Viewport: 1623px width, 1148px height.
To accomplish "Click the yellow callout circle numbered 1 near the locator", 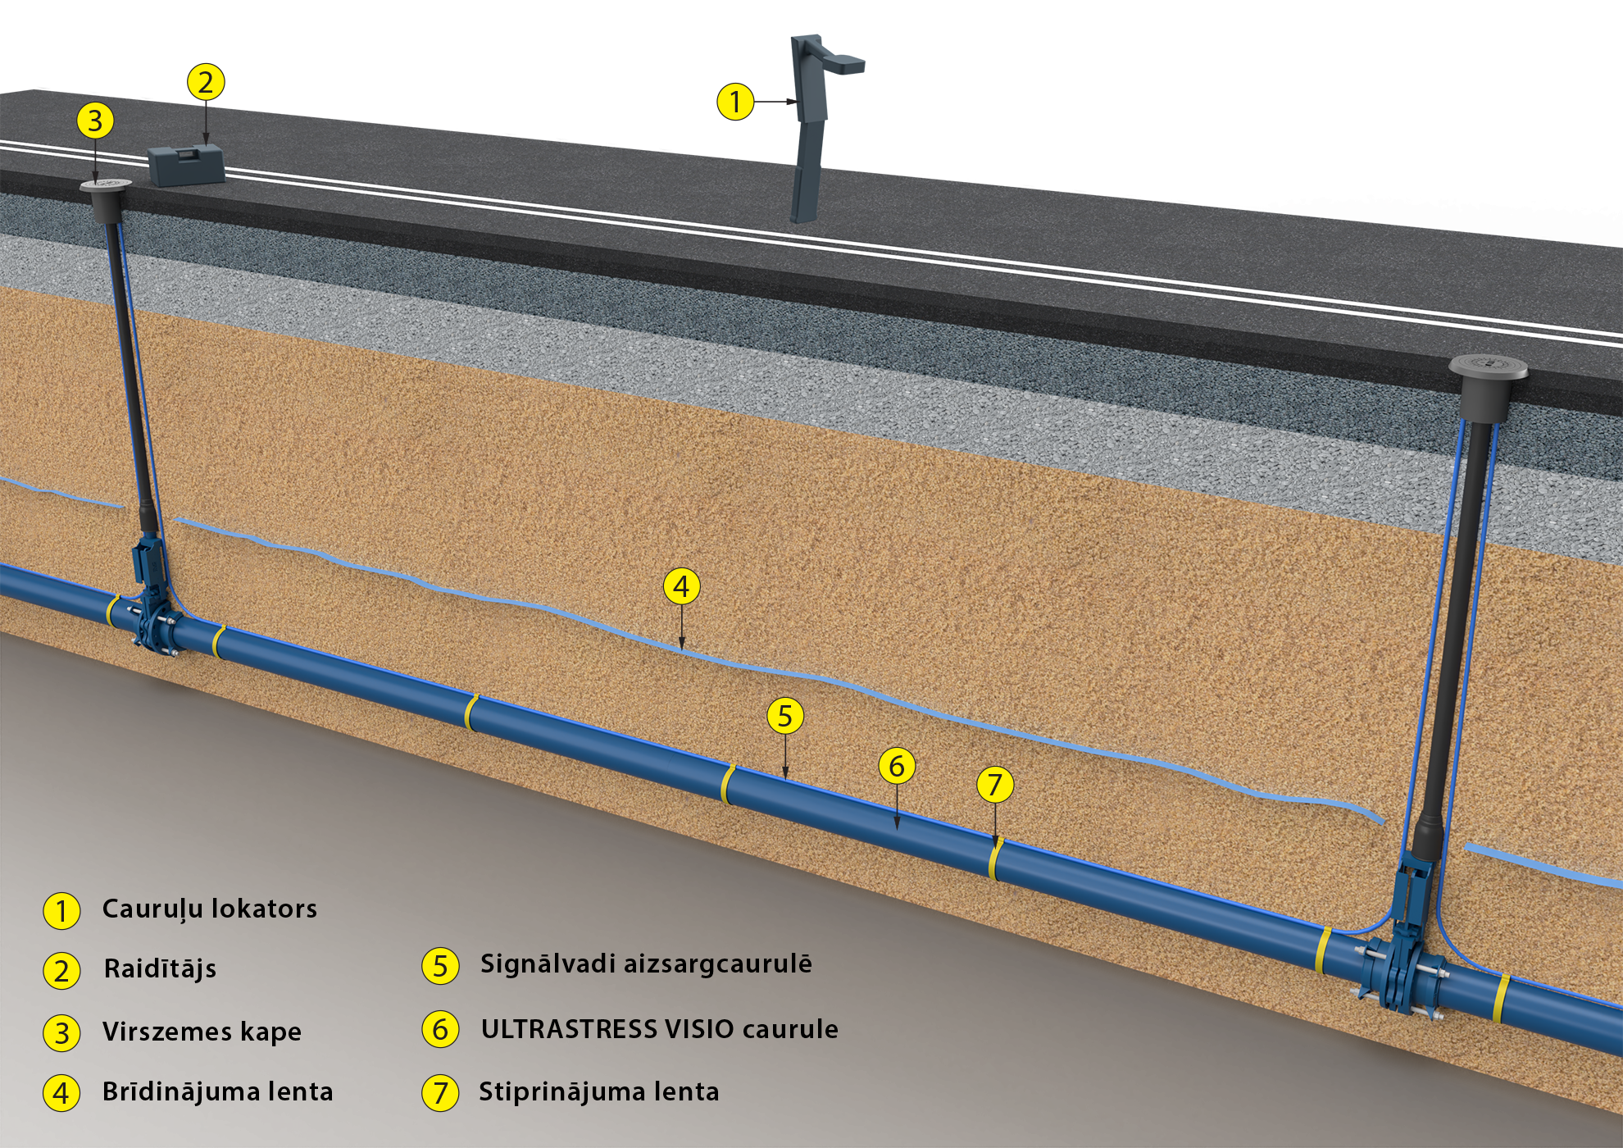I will pyautogui.click(x=734, y=102).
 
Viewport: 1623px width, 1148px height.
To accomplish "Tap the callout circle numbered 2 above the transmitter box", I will pyautogui.click(x=205, y=82).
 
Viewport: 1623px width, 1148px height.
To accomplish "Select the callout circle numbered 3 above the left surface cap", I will pyautogui.click(x=95, y=121).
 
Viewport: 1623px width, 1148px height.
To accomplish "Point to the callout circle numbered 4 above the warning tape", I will pyautogui.click(x=681, y=587).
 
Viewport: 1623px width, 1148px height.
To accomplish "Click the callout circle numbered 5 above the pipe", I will pyautogui.click(x=785, y=716).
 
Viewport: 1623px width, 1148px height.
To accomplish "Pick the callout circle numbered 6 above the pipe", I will pyautogui.click(x=897, y=766).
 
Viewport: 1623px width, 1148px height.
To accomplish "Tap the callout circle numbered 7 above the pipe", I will pyautogui.click(x=995, y=785).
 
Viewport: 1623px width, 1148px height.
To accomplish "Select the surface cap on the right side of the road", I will pyautogui.click(x=1488, y=368).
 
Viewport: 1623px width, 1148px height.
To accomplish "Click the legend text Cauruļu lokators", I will pyautogui.click(x=209, y=909).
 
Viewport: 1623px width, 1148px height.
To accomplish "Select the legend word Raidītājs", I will pyautogui.click(x=160, y=968).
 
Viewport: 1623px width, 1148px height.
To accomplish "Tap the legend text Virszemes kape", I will pyautogui.click(x=202, y=1032).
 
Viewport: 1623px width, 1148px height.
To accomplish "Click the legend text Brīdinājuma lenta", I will pyautogui.click(x=217, y=1091).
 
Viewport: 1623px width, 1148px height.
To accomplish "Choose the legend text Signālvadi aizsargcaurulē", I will pyautogui.click(x=646, y=963).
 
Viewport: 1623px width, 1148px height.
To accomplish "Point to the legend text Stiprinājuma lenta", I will pyautogui.click(x=598, y=1091).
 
